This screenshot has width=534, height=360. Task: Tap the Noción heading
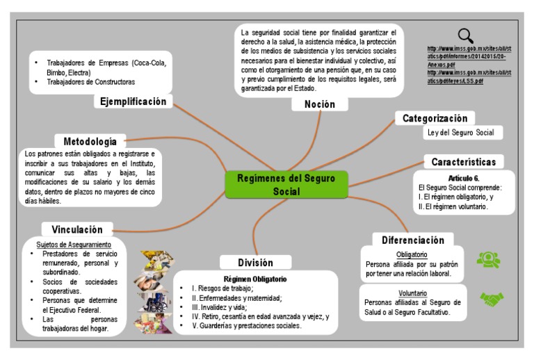(x=319, y=104)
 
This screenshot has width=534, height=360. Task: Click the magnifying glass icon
(x=466, y=34)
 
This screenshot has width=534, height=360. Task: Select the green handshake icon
(x=492, y=299)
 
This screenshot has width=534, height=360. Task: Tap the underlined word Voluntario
(x=412, y=293)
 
